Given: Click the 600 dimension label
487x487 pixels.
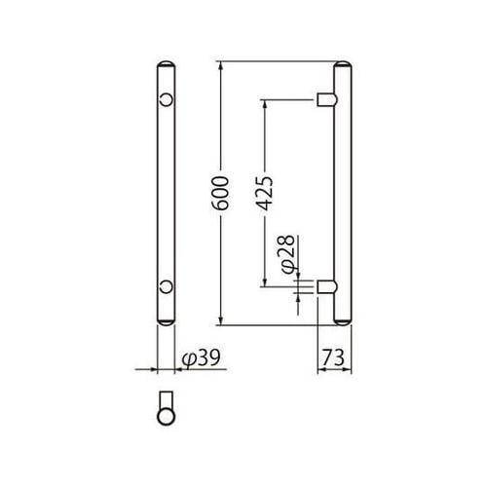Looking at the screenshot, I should pyautogui.click(x=223, y=194).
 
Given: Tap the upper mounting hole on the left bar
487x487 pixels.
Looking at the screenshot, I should pyautogui.click(x=167, y=99).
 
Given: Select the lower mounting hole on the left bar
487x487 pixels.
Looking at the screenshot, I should pyautogui.click(x=167, y=286).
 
